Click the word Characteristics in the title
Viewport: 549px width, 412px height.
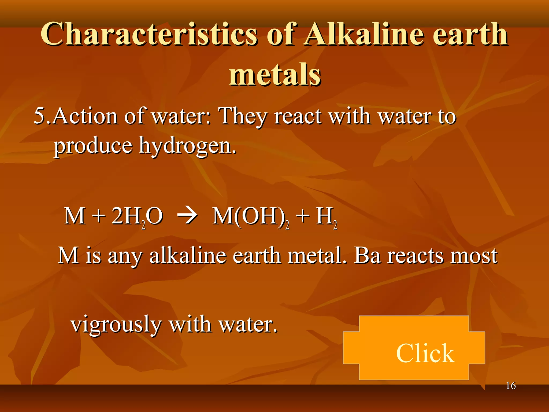(x=149, y=34)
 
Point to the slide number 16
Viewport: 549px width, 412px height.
(x=511, y=386)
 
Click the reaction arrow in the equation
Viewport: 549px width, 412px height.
(x=187, y=216)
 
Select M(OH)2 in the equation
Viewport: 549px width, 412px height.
(x=251, y=217)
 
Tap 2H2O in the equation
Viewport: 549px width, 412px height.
(x=137, y=217)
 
